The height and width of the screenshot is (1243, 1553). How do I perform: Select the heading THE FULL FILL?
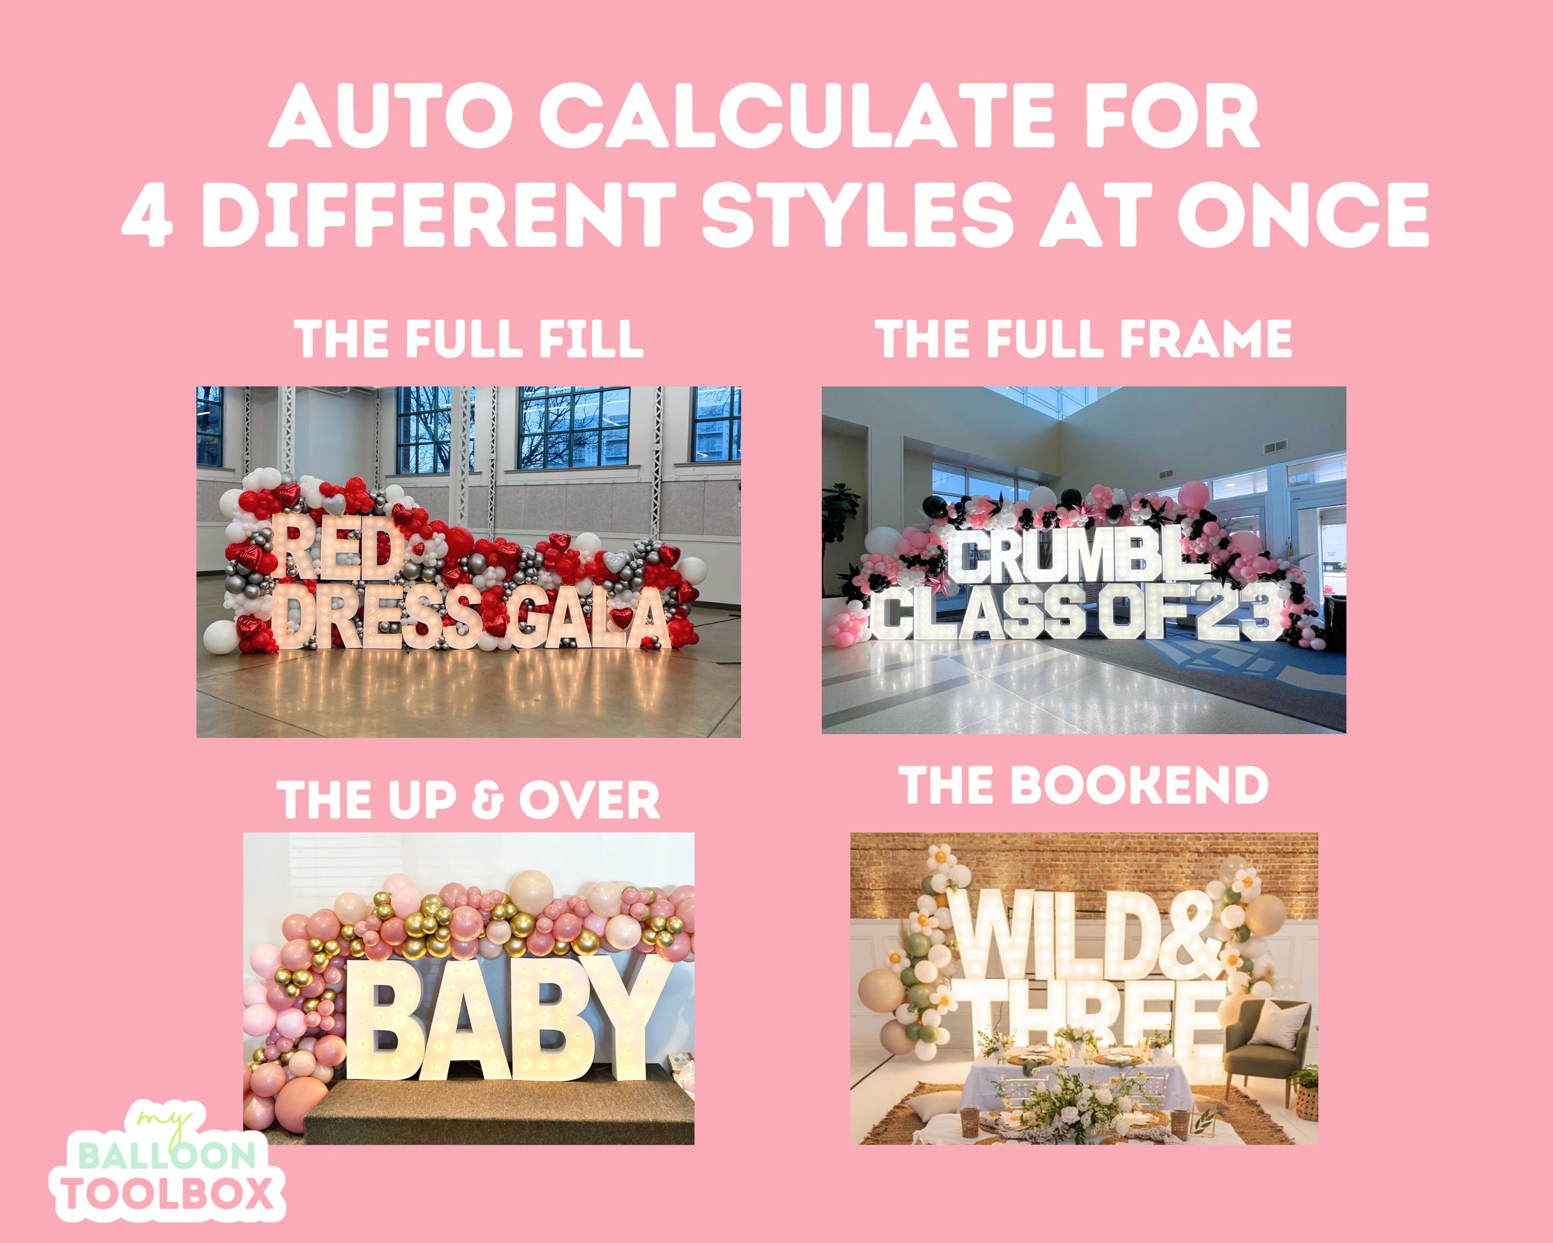click(470, 339)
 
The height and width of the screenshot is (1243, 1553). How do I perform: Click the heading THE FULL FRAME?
click(1083, 339)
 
